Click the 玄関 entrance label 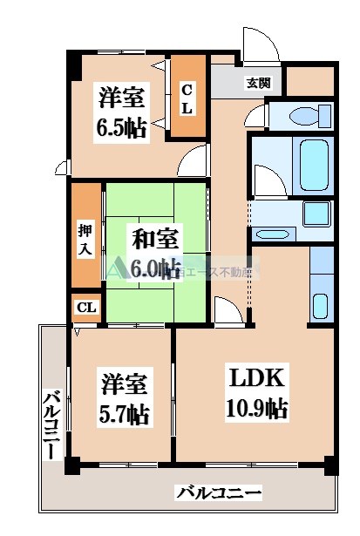258,83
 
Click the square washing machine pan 318,214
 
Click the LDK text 258,377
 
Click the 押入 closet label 86,239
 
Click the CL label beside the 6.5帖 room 187,97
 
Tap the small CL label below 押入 86,308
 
